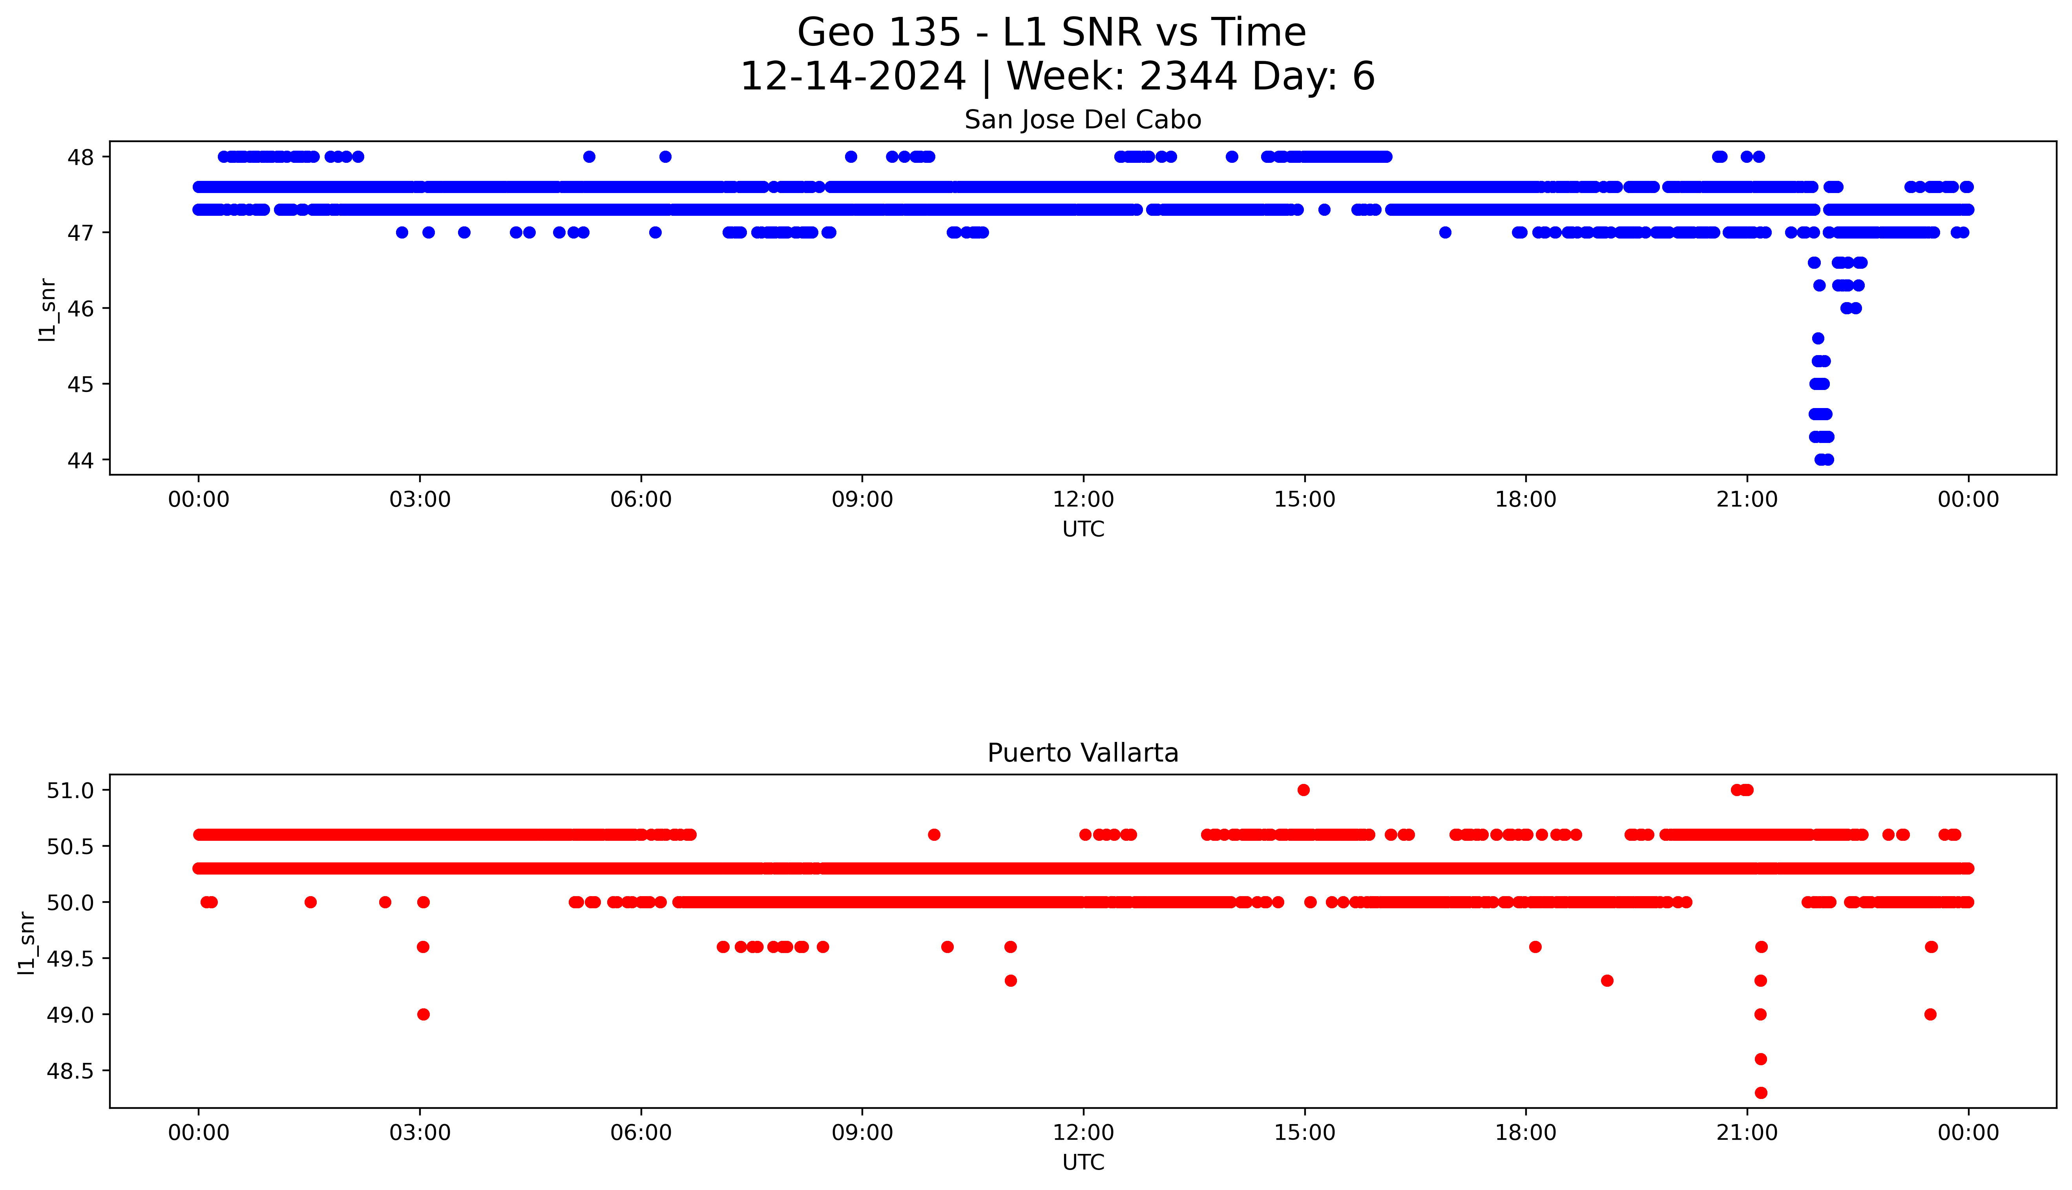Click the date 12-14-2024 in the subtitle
[x=853, y=77]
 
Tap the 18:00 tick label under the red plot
[x=1525, y=1133]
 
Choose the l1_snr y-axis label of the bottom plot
[x=27, y=942]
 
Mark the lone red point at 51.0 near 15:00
[x=1304, y=789]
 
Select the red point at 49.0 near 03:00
[x=423, y=1014]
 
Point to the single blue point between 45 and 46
[x=1818, y=338]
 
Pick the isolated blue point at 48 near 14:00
[x=1232, y=157]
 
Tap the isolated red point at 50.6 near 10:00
[x=934, y=835]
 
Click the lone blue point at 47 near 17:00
[x=1445, y=233]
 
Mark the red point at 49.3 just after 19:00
[x=1607, y=981]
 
